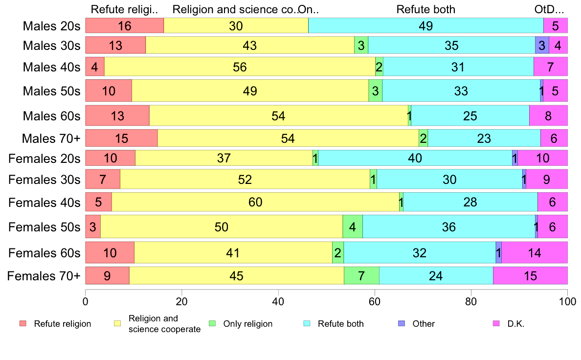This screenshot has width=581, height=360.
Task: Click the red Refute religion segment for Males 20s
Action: pos(125,26)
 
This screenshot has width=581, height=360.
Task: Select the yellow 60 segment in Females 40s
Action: pos(255,202)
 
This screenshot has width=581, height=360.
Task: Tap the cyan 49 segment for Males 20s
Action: pos(425,26)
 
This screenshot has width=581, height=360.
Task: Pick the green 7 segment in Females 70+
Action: pos(361,276)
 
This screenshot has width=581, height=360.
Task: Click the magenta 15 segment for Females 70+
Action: pos(530,276)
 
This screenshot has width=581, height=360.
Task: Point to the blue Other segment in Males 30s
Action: pos(542,45)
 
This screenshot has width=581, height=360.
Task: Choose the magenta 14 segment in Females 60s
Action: pos(535,253)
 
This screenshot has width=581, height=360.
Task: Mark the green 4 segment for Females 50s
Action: pos(353,227)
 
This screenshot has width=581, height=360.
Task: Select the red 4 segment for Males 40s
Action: pos(95,67)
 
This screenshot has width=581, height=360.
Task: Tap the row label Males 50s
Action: pos(51,91)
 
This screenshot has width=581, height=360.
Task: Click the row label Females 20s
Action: pos(44,158)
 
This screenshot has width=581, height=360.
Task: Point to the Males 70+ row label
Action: pos(51,139)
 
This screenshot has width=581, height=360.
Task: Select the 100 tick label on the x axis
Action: pos(567,302)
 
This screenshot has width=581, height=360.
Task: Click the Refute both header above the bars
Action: pos(425,9)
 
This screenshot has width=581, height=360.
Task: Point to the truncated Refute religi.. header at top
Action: pos(125,9)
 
